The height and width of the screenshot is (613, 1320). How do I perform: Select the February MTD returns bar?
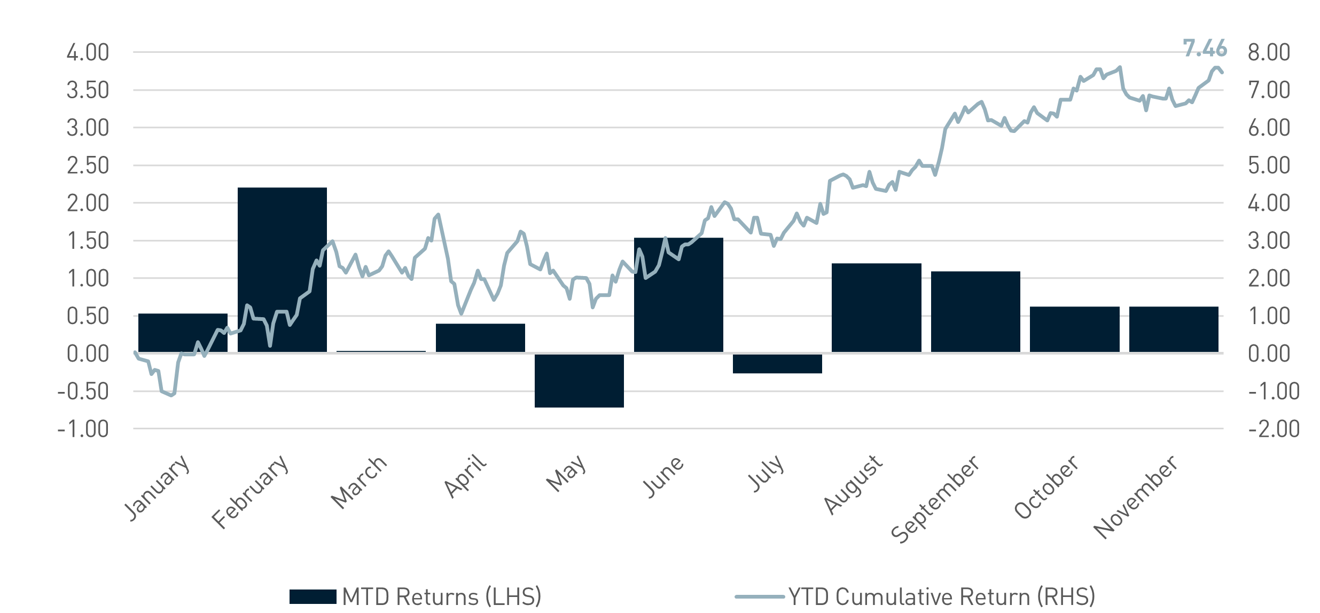tap(282, 270)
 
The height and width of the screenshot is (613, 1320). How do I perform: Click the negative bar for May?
tap(579, 380)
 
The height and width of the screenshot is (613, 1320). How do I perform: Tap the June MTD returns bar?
tap(678, 295)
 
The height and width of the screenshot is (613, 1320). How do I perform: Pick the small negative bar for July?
tap(777, 363)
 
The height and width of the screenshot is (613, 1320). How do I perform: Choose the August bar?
tap(877, 308)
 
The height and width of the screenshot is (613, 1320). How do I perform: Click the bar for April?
tap(480, 337)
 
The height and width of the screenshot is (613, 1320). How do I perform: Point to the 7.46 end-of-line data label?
tap(1205, 49)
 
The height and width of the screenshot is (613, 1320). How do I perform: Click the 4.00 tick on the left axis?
tap(88, 53)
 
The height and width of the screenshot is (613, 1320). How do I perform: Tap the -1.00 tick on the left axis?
tap(83, 429)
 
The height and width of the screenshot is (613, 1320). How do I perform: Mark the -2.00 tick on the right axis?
tap(1274, 429)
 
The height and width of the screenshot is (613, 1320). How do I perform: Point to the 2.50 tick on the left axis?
tap(88, 166)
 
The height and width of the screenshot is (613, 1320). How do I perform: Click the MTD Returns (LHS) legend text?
tap(441, 596)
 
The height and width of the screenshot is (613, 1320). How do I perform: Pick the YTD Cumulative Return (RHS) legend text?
tap(942, 596)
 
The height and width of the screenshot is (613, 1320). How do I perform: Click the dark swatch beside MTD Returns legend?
tap(313, 596)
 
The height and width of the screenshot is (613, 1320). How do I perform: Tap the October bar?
tap(1074, 329)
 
